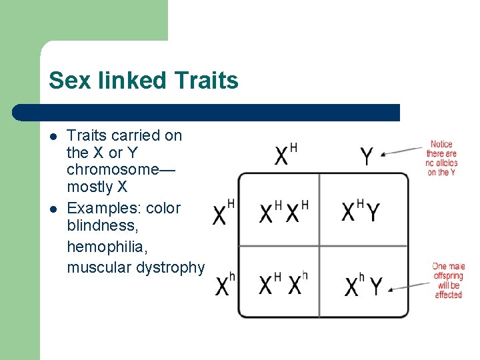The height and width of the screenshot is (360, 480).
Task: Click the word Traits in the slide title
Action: (x=205, y=81)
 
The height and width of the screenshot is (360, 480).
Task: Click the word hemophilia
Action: (x=107, y=247)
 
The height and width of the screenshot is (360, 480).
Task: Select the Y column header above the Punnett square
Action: (x=367, y=157)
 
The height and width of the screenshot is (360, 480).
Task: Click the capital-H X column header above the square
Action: (x=285, y=155)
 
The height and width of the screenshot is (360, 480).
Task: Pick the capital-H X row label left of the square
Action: (x=224, y=212)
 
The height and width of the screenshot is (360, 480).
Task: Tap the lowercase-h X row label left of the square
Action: (x=225, y=285)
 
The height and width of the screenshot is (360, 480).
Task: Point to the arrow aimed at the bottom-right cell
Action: (x=411, y=285)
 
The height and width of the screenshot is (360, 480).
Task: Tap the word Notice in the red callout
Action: (x=441, y=144)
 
